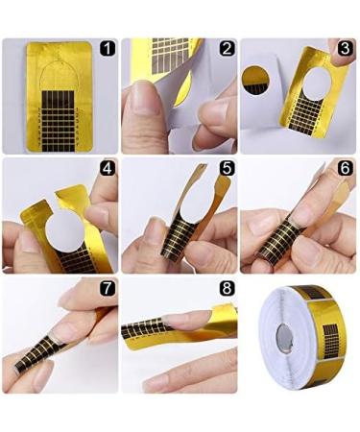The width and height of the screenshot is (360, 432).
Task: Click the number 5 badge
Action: tap(227, 169)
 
